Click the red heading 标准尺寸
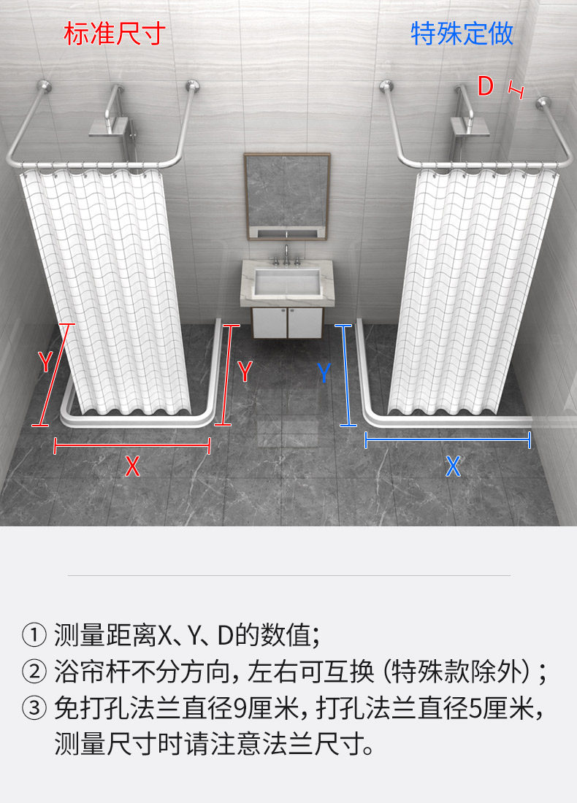[115, 34]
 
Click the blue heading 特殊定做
[462, 34]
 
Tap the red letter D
[486, 87]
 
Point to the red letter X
[131, 466]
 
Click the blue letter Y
[324, 374]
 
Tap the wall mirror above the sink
[286, 196]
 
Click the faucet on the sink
[286, 255]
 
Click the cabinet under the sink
[286, 322]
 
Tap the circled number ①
[34, 635]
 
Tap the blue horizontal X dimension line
[447, 439]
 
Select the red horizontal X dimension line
[132, 445]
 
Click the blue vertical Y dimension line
[346, 375]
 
